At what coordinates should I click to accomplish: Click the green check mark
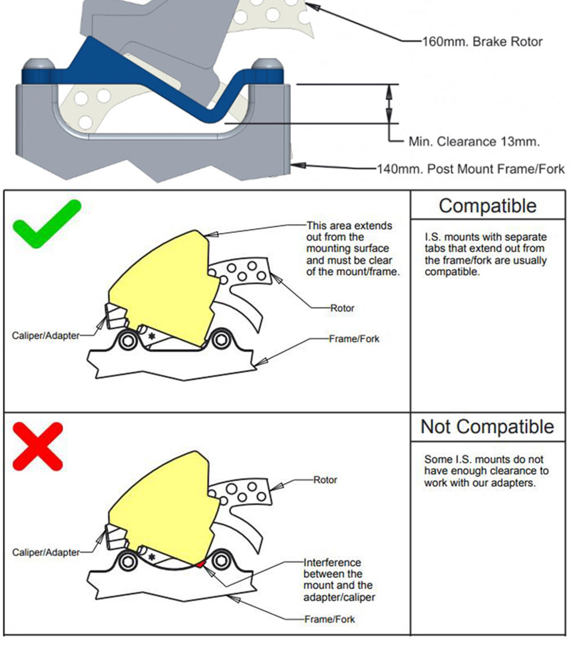click(x=47, y=224)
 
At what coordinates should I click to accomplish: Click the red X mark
click(x=38, y=446)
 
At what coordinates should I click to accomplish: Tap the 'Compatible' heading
click(x=487, y=206)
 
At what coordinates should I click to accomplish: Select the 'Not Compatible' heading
click(x=487, y=427)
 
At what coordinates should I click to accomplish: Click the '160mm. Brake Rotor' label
click(x=482, y=42)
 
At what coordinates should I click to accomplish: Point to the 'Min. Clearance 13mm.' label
click(x=474, y=141)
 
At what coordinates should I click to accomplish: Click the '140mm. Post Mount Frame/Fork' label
click(x=471, y=169)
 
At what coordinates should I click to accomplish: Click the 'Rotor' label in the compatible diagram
click(x=342, y=308)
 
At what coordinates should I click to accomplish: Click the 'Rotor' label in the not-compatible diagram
click(x=325, y=480)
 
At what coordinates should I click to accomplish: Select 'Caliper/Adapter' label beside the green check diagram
click(x=46, y=336)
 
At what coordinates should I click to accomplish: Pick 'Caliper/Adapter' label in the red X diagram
click(x=46, y=553)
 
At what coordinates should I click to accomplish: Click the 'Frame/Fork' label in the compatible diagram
click(x=354, y=339)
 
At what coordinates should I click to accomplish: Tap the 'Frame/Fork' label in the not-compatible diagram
click(x=330, y=619)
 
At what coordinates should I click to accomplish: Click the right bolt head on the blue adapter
click(x=267, y=66)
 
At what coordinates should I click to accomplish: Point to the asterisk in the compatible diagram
click(x=152, y=336)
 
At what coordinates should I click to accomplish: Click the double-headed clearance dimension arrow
click(x=389, y=104)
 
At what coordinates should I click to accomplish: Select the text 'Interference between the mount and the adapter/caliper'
click(x=339, y=579)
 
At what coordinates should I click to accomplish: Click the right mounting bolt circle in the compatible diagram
click(x=221, y=340)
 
